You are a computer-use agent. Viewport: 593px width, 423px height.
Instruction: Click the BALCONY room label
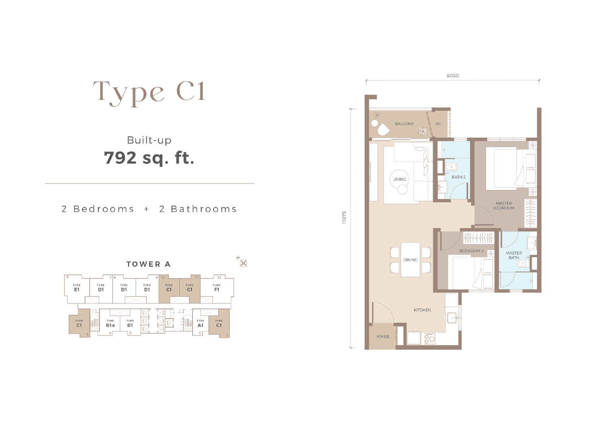(404, 124)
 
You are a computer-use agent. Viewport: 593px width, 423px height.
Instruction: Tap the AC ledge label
(439, 124)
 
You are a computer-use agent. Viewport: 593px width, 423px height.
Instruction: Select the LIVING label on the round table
(400, 179)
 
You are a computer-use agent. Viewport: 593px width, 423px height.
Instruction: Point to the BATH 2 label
(458, 177)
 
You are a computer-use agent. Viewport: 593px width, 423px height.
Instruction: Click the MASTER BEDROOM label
(504, 206)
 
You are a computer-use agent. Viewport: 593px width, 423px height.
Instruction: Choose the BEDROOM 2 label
(471, 250)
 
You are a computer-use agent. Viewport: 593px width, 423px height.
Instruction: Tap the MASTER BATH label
(514, 255)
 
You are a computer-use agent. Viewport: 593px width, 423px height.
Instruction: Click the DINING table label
(411, 260)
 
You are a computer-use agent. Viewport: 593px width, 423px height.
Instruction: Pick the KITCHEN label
(422, 310)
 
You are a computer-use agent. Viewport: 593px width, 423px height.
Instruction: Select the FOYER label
(383, 337)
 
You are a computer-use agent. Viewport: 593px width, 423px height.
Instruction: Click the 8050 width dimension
(453, 76)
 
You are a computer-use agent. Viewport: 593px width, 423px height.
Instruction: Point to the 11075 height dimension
(344, 218)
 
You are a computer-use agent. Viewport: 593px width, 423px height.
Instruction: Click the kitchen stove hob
(430, 339)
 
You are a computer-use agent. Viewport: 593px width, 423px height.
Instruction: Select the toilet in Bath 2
(452, 167)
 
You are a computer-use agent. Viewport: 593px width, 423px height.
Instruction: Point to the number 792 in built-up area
(120, 158)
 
